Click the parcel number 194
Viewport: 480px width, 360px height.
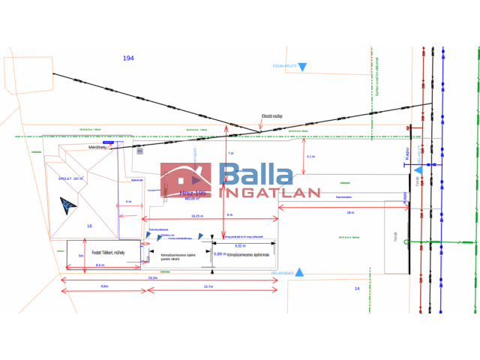click(x=128, y=58)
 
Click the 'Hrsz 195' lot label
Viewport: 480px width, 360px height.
click(x=191, y=193)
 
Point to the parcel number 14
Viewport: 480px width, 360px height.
click(x=357, y=288)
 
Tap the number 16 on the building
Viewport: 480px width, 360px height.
click(x=89, y=226)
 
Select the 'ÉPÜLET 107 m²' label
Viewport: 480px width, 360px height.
click(x=72, y=180)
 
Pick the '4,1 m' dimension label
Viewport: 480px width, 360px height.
click(x=311, y=157)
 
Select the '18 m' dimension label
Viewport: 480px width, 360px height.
click(x=350, y=213)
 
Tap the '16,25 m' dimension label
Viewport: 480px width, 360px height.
click(x=197, y=216)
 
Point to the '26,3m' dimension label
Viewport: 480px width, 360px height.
click(x=153, y=277)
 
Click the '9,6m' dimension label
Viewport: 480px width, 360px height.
click(x=104, y=286)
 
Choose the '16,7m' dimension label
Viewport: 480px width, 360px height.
click(x=208, y=286)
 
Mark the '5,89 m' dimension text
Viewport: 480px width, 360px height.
click(x=220, y=253)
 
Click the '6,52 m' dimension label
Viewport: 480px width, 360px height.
click(x=240, y=245)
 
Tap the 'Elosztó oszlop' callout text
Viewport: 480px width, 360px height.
click(x=271, y=116)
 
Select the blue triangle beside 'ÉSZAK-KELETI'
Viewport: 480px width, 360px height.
click(x=302, y=67)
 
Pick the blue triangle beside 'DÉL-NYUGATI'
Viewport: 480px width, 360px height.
click(x=299, y=272)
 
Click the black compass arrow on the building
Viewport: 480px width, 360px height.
click(x=68, y=203)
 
